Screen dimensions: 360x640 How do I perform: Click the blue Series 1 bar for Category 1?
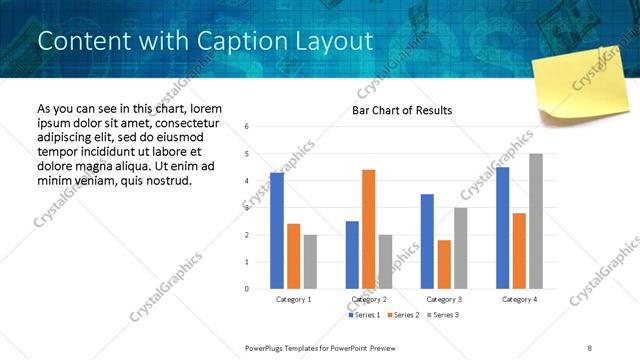(277, 231)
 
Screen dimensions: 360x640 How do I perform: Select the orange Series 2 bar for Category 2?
(368, 229)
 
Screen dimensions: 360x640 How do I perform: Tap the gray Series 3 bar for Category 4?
(536, 221)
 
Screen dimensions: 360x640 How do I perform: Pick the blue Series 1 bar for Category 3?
(427, 241)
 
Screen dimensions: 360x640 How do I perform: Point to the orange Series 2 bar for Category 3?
(444, 264)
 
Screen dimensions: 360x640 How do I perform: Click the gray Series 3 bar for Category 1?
(310, 261)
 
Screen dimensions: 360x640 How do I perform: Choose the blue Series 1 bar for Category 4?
(503, 228)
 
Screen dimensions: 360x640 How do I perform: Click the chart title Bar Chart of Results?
(402, 110)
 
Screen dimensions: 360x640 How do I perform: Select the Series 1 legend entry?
(364, 316)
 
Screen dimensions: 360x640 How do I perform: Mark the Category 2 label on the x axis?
(369, 299)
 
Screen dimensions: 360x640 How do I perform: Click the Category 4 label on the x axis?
(519, 299)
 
